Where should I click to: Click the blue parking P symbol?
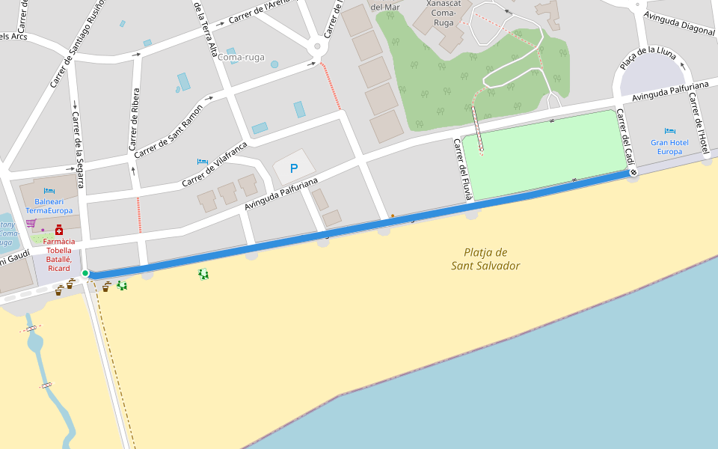point(294,169)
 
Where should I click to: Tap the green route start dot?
point(85,273)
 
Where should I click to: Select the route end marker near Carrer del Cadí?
point(633,173)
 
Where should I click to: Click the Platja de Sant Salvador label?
point(485,259)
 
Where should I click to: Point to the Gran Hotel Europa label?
point(669,147)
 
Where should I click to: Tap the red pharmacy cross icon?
point(59,230)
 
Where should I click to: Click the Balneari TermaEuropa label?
point(49,206)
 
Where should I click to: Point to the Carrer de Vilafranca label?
point(215,164)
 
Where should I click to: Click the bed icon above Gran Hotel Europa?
point(669,131)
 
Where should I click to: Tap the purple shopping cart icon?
point(31,223)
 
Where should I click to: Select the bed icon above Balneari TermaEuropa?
point(49,191)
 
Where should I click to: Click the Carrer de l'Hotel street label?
point(699,126)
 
